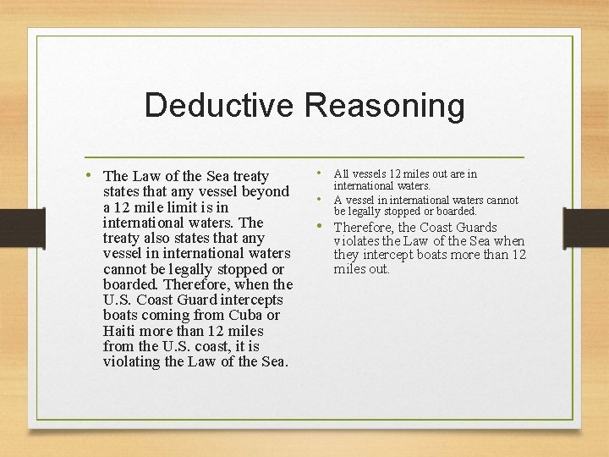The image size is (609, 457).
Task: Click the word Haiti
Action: [122, 331]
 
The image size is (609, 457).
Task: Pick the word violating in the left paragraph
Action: [131, 361]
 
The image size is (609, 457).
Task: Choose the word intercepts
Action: [250, 300]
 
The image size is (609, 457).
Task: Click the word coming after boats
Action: [167, 315]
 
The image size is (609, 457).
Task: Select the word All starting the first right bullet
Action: [343, 174]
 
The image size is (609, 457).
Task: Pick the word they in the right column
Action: [347, 255]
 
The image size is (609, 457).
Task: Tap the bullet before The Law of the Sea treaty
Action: [89, 175]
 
